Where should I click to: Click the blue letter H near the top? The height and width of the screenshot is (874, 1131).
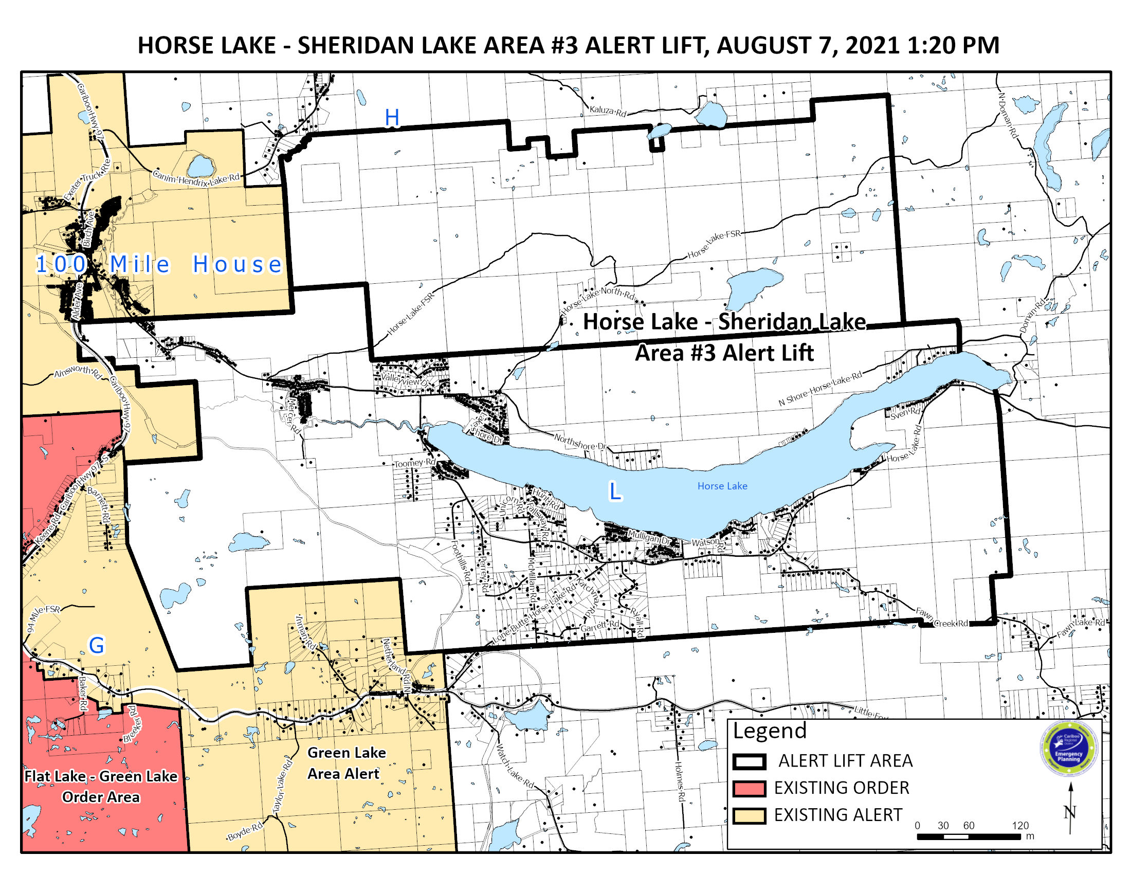click(x=392, y=118)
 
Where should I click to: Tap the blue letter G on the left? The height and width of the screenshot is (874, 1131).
click(x=97, y=646)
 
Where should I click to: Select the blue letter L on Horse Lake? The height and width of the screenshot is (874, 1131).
click(x=615, y=491)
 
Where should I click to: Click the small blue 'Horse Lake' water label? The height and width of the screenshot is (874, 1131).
click(x=722, y=486)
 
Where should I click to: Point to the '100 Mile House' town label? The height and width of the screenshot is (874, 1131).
click(x=158, y=265)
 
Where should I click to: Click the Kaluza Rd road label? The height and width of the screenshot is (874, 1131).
click(x=608, y=112)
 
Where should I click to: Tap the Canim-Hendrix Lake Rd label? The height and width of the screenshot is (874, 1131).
click(x=196, y=178)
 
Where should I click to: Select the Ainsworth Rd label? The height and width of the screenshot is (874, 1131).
click(x=78, y=372)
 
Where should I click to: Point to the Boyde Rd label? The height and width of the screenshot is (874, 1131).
click(x=245, y=831)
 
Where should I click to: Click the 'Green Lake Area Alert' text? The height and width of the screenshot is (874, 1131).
click(x=346, y=762)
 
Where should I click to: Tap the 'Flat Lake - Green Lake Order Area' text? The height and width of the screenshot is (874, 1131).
click(x=101, y=786)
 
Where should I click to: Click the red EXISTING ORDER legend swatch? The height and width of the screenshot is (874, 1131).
click(x=749, y=788)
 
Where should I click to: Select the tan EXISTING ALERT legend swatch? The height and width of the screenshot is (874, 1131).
click(x=749, y=815)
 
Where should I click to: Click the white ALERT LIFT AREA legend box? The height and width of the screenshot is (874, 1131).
click(x=749, y=761)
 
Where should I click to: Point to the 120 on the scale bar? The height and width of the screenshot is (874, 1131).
click(x=1020, y=825)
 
